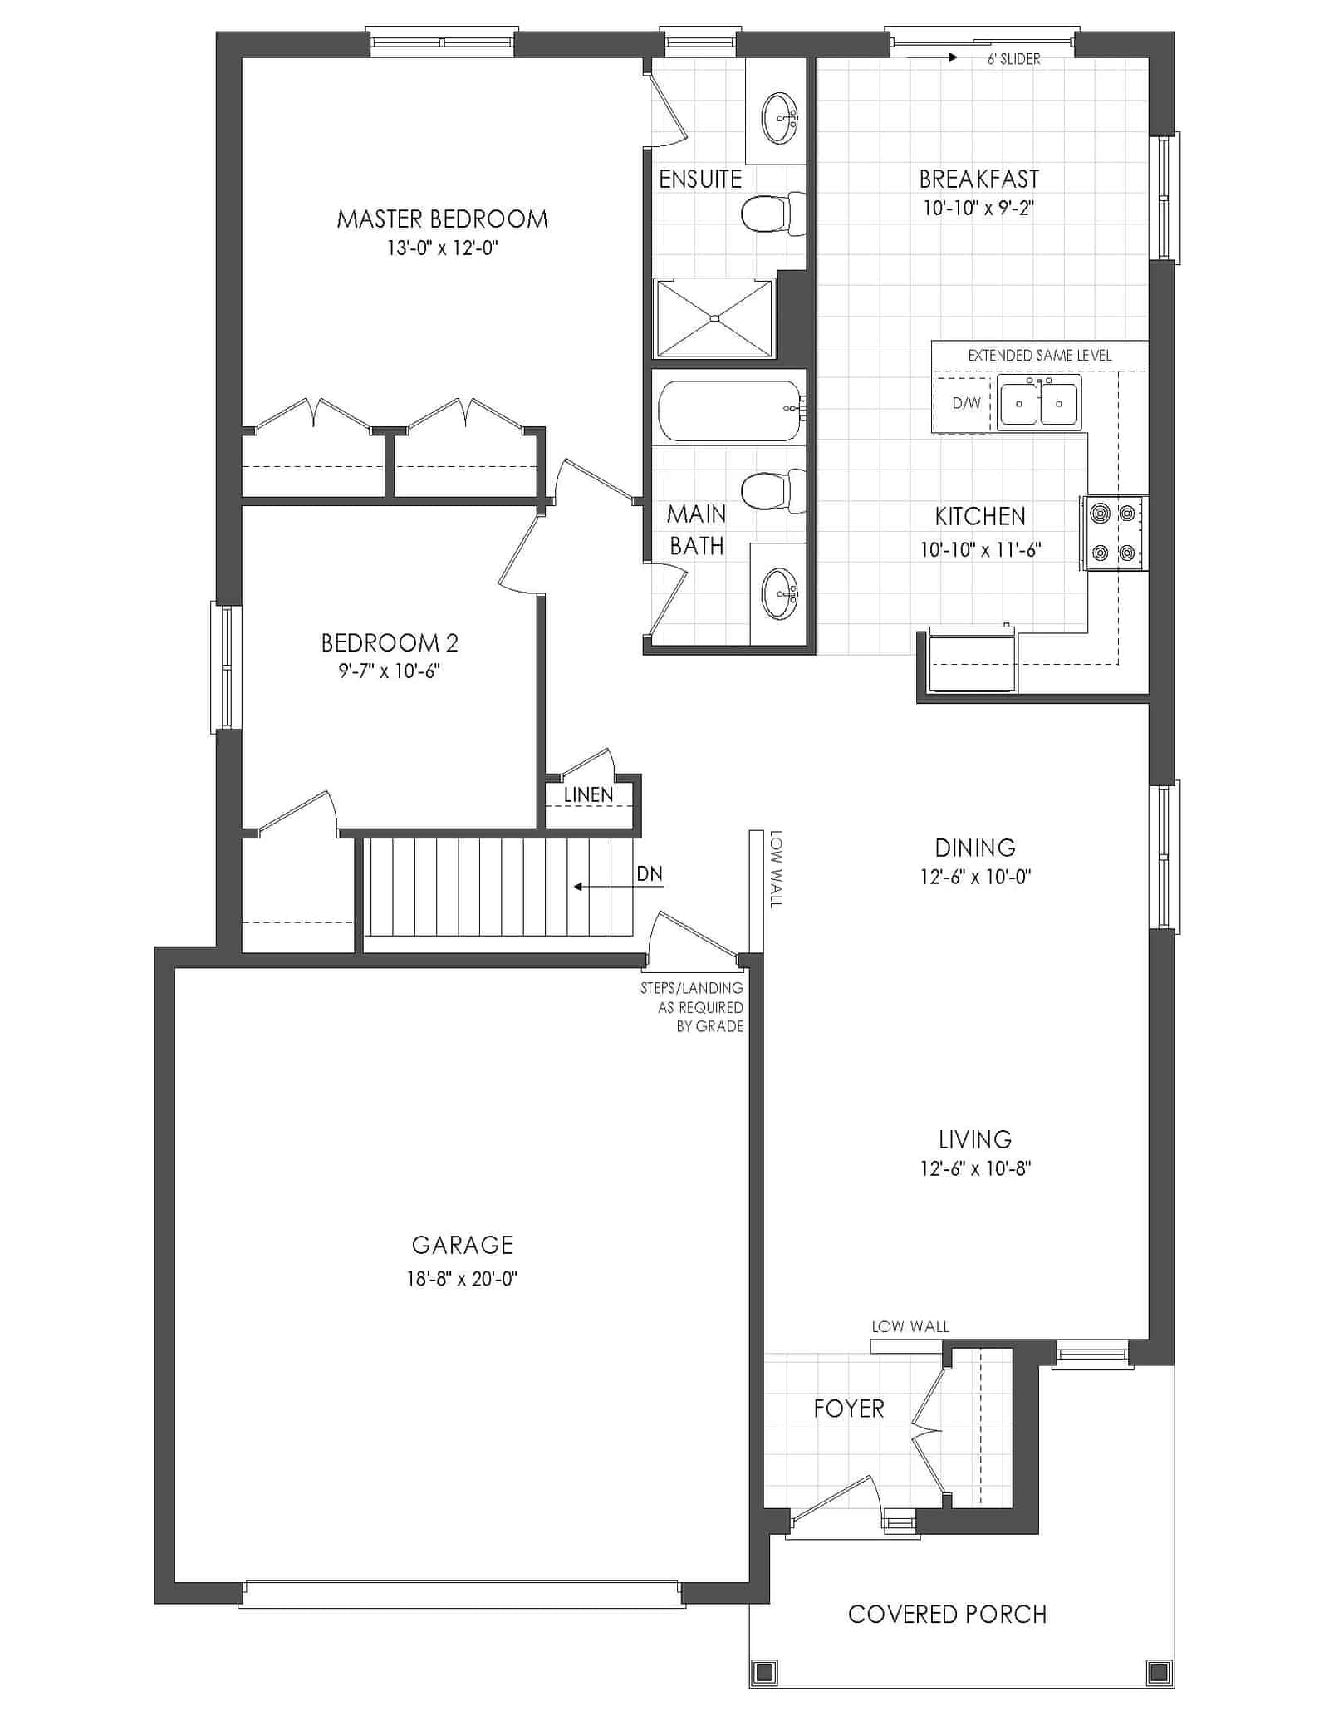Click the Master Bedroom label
[x=442, y=219]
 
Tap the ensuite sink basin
[x=780, y=117]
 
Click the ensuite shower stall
[x=714, y=318]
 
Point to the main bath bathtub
[x=730, y=411]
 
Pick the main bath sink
[x=780, y=593]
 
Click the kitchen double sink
[x=1039, y=402]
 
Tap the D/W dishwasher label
[x=966, y=403]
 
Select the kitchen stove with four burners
[x=1113, y=533]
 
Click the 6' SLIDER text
[x=1013, y=59]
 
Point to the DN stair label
[x=650, y=873]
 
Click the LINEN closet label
[x=588, y=794]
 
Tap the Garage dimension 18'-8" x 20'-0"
[x=462, y=1279]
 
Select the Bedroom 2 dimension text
[x=389, y=671]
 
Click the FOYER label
[x=849, y=1409]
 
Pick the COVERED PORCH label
[x=947, y=1614]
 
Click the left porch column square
[x=763, y=1670]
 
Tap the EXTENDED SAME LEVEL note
[x=1039, y=355]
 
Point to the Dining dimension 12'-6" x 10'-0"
[x=975, y=877]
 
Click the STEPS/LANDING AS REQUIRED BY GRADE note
[x=692, y=1007]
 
